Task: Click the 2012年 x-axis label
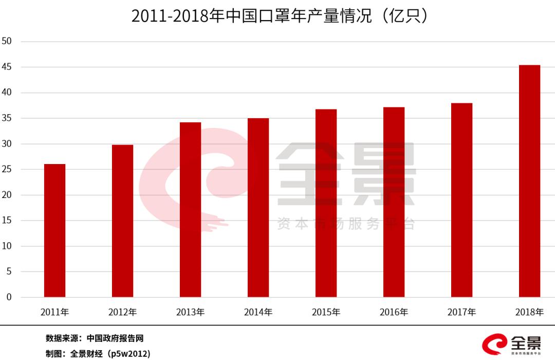[122, 312]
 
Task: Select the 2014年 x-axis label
[258, 312]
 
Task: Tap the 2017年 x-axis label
[461, 312]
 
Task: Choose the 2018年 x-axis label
[529, 312]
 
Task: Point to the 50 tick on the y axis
[7, 41]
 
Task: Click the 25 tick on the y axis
[7, 169]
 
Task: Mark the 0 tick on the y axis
[9, 297]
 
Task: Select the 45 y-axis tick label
[7, 67]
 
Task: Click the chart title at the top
[280, 16]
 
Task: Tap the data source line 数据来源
[94, 338]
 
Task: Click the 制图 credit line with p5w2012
[98, 354]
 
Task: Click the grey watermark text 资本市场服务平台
[345, 224]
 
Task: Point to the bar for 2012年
[122, 221]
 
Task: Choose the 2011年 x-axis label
[54, 312]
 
